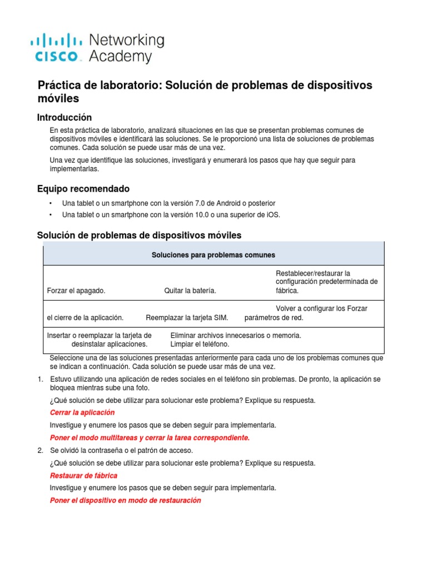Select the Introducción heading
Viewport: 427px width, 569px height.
(64, 117)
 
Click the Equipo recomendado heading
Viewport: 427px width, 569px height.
(83, 188)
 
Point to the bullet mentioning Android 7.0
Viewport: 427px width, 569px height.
(168, 203)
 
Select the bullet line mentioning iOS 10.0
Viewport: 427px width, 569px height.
(171, 214)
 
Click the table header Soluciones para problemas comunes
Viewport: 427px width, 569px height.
(213, 255)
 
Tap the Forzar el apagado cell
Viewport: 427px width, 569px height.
(76, 291)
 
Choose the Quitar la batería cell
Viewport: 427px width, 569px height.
(190, 291)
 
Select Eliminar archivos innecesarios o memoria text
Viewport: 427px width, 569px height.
(236, 335)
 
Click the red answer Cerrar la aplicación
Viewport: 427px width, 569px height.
(82, 412)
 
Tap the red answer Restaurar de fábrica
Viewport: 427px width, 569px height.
(83, 476)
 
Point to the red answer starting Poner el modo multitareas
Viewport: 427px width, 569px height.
(150, 438)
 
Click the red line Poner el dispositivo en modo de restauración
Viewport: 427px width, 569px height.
(125, 500)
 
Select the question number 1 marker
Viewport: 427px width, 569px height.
(40, 379)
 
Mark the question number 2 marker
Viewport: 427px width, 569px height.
(40, 450)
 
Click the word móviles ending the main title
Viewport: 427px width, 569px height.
(58, 98)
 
